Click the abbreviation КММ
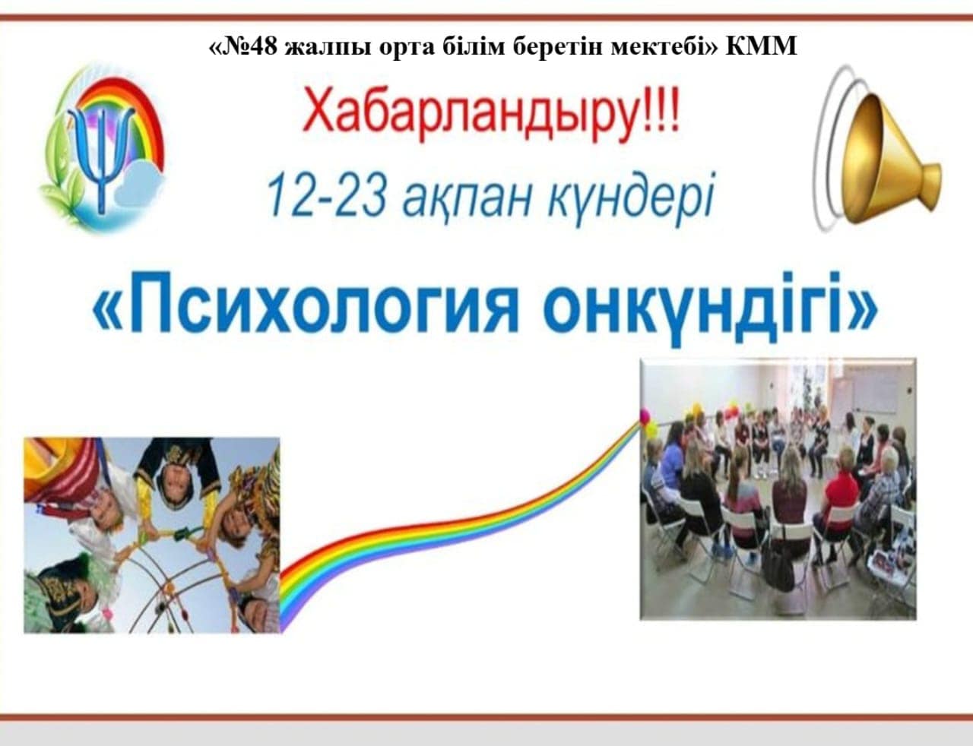(761, 46)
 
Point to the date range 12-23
(326, 195)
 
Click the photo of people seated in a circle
(778, 488)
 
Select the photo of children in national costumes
(152, 535)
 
